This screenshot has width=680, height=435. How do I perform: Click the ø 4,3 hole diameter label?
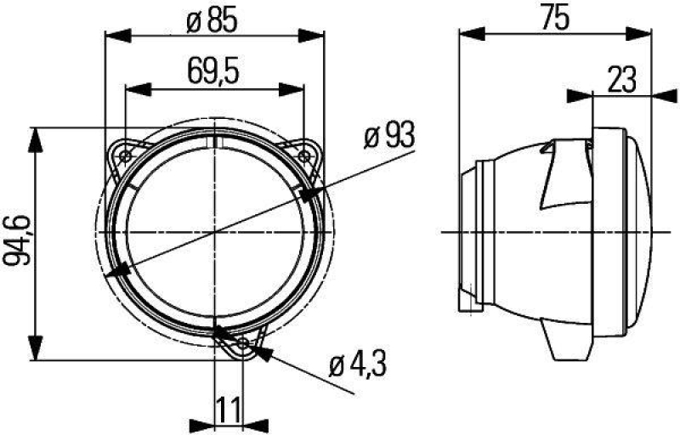pyautogui.click(x=357, y=366)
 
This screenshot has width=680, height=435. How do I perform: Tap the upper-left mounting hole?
pyautogui.click(x=126, y=155)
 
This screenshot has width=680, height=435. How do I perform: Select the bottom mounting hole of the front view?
pyautogui.click(x=245, y=344)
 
